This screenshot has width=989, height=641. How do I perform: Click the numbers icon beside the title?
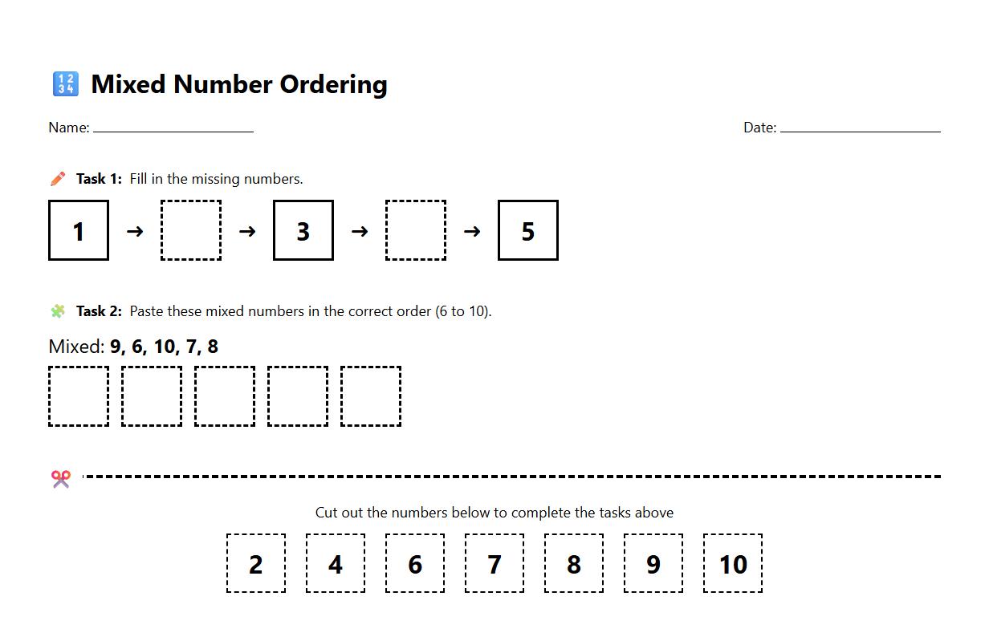pos(65,83)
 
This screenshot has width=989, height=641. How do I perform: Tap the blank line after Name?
pos(173,128)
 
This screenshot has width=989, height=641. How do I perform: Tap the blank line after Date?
pos(860,128)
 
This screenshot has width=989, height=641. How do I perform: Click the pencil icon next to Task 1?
pos(58,178)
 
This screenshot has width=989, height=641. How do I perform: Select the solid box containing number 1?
pos(79,230)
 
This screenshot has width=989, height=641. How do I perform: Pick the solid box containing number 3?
pos(303,230)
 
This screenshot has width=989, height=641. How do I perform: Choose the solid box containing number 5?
pos(528,230)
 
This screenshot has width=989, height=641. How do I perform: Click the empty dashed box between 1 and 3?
pos(191,230)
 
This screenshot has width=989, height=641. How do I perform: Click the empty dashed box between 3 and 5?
pos(416,230)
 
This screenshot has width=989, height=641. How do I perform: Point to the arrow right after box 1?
pos(135,231)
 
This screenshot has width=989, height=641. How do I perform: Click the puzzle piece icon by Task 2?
pos(58,310)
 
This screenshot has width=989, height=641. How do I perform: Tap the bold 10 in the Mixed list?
pos(165,347)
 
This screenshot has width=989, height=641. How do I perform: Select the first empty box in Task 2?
pos(79,396)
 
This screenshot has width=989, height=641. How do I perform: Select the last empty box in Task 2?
pos(371,396)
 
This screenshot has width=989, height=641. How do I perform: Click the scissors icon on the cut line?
pos(61,479)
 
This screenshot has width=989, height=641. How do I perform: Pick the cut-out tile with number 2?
pos(256,563)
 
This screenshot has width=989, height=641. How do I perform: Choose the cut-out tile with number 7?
pos(494,563)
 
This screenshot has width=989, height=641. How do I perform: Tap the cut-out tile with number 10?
pos(733,563)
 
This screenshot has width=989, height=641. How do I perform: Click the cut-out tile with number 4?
pos(336,563)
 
